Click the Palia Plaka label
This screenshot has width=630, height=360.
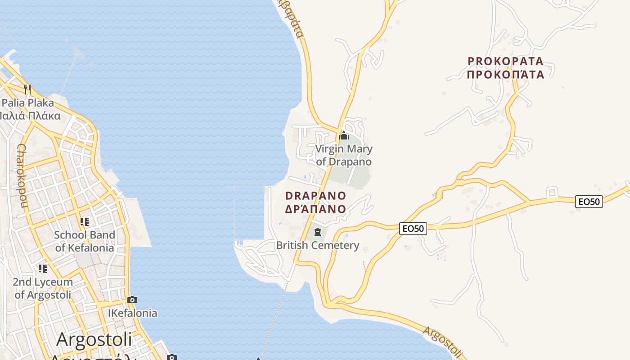28,103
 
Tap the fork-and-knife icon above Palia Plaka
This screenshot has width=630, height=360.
27,89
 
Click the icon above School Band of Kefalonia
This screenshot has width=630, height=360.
84,222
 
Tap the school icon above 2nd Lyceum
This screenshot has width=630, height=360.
43,269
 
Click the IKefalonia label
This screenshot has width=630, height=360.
133,313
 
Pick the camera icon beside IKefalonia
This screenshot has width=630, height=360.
132,300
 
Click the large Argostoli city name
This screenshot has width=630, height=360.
94,340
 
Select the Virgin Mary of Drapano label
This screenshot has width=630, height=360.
344,155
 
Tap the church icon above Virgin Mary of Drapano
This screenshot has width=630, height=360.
344,135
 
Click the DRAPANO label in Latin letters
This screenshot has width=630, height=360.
316,196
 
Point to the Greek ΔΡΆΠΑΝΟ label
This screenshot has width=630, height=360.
316,209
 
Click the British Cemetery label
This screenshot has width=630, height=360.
318,245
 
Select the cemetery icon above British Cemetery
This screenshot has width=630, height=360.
318,232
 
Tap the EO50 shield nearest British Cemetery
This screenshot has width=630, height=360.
413,229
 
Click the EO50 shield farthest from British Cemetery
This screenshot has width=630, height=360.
589,202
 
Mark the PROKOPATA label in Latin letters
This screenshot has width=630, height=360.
506,61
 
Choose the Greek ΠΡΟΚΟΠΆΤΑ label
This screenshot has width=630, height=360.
506,74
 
